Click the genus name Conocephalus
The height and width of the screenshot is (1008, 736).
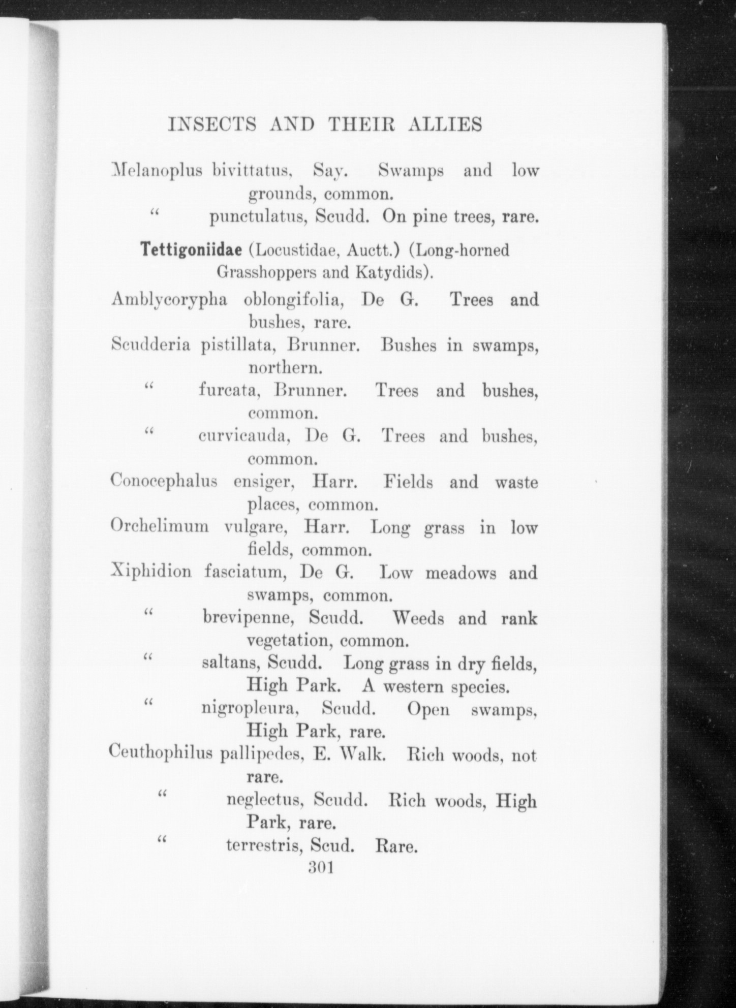(x=164, y=481)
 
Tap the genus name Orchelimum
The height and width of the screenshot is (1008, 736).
(x=159, y=527)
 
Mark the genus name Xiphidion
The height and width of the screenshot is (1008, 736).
(x=151, y=573)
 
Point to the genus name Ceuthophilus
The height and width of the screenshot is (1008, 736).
(x=160, y=755)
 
